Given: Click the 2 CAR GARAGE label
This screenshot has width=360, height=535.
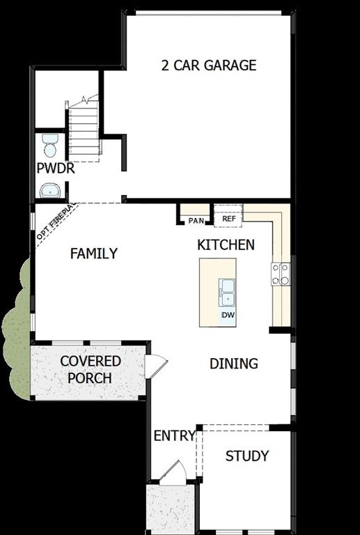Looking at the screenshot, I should coord(208,65).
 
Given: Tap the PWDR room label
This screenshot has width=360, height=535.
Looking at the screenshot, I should coord(56,169).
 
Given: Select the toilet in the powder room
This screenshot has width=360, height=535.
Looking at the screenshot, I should coord(50,145).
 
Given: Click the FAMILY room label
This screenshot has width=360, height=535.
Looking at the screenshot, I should coord(93,254).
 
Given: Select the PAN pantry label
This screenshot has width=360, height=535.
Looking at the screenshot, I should coord(196,221).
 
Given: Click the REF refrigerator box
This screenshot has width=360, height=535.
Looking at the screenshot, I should coord(228,218).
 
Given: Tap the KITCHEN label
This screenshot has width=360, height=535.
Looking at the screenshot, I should coord(226,245).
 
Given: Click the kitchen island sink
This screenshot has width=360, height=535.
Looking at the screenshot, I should coord(227,291).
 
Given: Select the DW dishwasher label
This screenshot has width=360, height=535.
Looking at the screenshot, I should coord(227,316).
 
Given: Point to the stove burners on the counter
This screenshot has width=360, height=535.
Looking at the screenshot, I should coord(282,274).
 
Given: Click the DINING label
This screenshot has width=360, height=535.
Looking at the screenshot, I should coord(234,363).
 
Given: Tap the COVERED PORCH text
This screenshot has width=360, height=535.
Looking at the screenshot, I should coord(90,370).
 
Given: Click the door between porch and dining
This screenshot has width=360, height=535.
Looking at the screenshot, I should coord(155,364).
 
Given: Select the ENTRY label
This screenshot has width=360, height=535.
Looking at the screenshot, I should coord(174,436).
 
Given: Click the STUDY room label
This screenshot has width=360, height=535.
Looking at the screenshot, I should coord(246,456).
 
